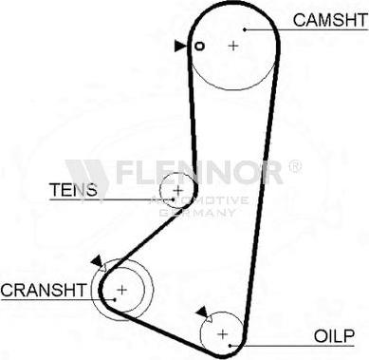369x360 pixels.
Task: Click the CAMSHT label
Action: pos(327,19)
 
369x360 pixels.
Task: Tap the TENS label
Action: pos(73,189)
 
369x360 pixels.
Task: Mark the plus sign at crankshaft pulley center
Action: pos(121,290)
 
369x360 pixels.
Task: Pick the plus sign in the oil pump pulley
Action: pos(223,333)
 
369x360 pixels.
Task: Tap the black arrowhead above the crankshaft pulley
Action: pos(96,261)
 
